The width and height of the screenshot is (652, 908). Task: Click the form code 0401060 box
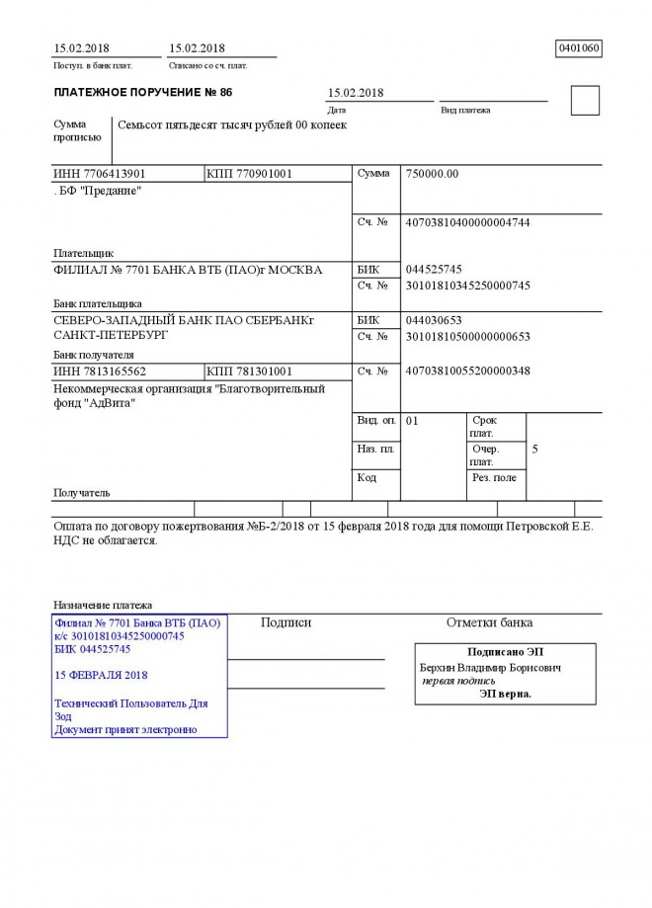click(579, 47)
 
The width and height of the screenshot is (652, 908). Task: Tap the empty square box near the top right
click(585, 101)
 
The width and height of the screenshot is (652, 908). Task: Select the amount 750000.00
click(433, 174)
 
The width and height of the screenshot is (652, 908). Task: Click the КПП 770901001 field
click(249, 174)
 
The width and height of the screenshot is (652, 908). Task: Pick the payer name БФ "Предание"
click(99, 191)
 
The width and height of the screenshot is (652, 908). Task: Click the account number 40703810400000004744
click(468, 222)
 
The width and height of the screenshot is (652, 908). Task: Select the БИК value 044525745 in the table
click(434, 269)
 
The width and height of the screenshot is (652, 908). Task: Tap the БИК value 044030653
click(434, 320)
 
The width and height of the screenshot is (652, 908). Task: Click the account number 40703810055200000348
click(468, 371)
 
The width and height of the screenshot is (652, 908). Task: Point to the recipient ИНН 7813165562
click(100, 371)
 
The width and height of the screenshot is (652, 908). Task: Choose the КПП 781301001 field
click(249, 371)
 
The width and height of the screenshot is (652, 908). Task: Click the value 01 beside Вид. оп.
click(413, 421)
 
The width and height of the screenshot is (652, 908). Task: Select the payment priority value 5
click(534, 450)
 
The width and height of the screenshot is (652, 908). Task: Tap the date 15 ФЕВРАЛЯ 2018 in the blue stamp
click(102, 675)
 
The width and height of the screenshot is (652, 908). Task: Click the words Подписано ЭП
click(505, 651)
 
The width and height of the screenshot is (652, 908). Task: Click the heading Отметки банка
click(489, 622)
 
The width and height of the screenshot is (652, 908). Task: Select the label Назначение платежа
click(103, 605)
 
